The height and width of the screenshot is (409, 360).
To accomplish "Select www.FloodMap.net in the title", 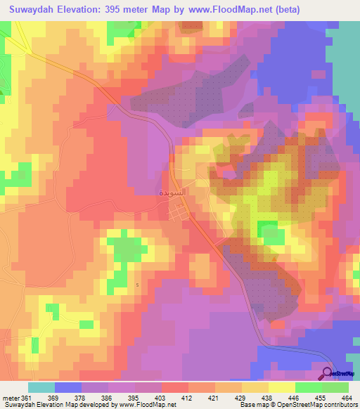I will point(231,10).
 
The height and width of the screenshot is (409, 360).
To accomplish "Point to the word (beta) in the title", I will point(288,10).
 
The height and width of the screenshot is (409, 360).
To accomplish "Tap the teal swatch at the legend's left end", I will point(41,387).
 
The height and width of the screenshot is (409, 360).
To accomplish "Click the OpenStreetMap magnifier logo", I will point(328,372).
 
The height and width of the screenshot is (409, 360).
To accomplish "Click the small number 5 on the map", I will point(137,285).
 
